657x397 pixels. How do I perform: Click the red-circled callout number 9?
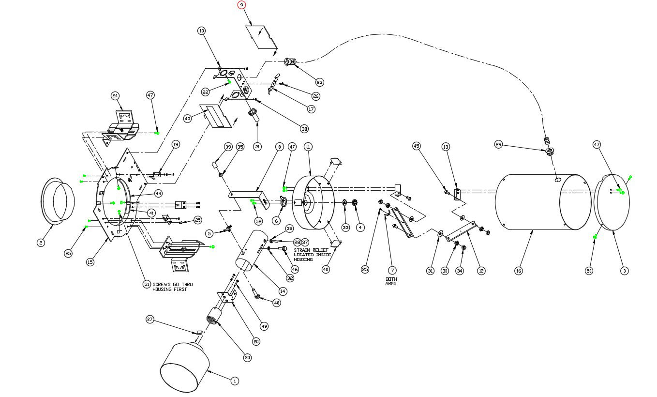tap(241, 5)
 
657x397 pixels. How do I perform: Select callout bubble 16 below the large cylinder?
tap(518, 271)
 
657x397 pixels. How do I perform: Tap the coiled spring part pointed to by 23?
tap(291, 62)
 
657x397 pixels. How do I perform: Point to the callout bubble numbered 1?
tap(234, 381)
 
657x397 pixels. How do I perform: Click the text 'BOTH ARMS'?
tap(391, 281)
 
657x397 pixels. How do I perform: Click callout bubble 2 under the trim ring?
tap(41, 243)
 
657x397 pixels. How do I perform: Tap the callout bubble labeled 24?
tap(115, 95)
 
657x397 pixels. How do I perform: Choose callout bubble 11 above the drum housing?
tap(308, 146)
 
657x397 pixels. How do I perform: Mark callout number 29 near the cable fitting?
tap(499, 144)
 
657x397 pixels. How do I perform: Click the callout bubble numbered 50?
tap(589, 271)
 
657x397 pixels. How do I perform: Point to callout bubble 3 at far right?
tap(625, 271)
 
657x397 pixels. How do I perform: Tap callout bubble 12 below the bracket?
tap(480, 271)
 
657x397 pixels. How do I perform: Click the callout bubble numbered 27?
tap(150, 319)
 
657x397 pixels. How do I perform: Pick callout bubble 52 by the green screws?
tap(258, 221)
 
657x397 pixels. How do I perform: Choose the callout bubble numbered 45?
tap(417, 146)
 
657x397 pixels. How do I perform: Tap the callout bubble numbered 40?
tap(326, 269)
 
